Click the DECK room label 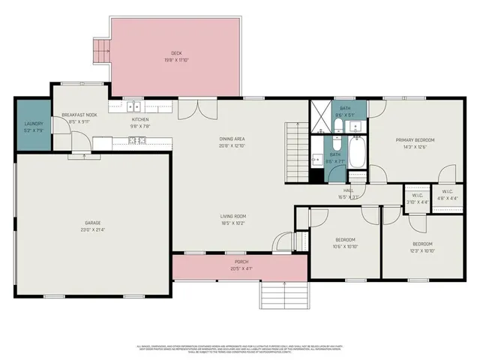(x=176, y=53)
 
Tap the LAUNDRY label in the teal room (x=34, y=124)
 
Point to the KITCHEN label (x=140, y=119)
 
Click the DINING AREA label (x=235, y=139)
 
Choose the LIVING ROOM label (x=233, y=217)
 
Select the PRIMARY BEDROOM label (x=415, y=140)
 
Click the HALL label (x=349, y=190)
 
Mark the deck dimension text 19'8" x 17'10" (x=176, y=60)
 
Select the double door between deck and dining (x=189, y=109)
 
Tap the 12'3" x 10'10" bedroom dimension (x=422, y=250)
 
